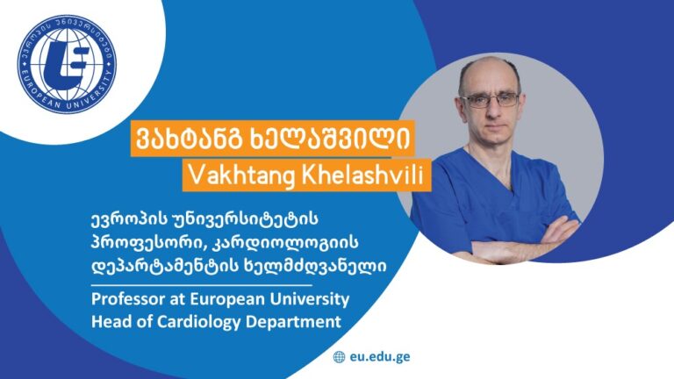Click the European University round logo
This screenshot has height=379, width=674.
(x=67, y=63)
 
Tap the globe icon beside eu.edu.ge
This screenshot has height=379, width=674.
(x=339, y=357)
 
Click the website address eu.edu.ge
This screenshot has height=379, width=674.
(x=380, y=357)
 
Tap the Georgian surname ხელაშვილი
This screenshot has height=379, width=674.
(x=330, y=139)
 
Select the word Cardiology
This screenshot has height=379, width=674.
(x=199, y=322)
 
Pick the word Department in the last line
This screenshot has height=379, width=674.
(x=294, y=322)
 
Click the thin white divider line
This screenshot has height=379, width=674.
(x=202, y=285)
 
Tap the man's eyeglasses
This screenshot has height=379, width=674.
(x=490, y=100)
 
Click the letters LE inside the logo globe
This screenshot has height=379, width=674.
(x=68, y=65)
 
